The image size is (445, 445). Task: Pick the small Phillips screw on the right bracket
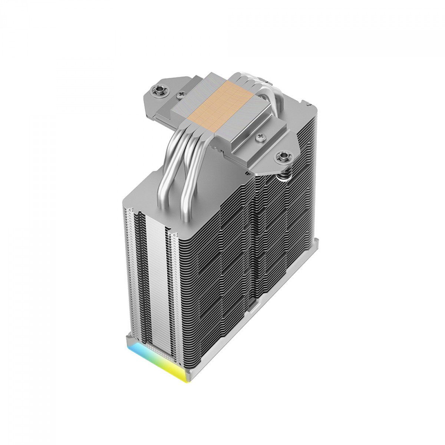click(x=259, y=138)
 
